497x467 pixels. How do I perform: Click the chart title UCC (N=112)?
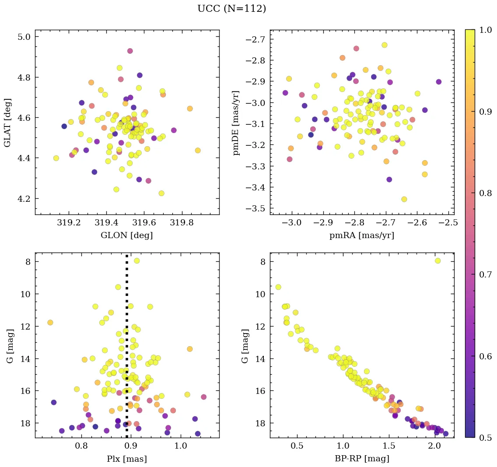click(x=231, y=9)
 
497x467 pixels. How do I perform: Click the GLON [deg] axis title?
click(x=127, y=235)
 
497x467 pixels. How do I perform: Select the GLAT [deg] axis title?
click(x=7, y=122)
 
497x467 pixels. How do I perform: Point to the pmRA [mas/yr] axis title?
click(x=361, y=235)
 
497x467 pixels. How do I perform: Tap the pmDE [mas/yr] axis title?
click(x=237, y=122)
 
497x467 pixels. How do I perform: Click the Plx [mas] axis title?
click(x=127, y=459)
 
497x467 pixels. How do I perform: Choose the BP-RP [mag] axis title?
click(x=361, y=459)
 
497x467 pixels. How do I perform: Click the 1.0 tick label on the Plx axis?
click(x=181, y=446)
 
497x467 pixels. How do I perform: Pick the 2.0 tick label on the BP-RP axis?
click(x=434, y=446)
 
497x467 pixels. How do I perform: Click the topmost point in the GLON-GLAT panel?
click(x=130, y=51)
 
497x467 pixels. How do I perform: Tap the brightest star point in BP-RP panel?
click(x=437, y=261)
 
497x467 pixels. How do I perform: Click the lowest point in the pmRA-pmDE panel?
click(x=404, y=199)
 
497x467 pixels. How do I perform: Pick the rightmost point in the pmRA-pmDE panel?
click(x=439, y=82)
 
